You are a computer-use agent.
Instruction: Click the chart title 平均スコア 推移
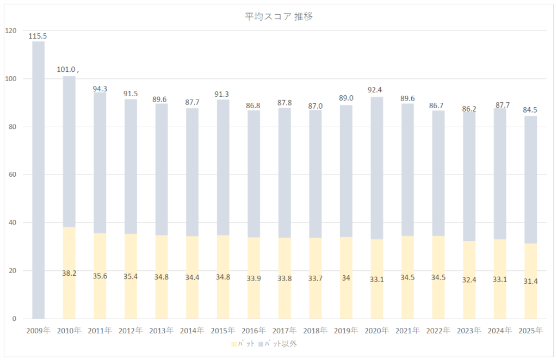click(278, 16)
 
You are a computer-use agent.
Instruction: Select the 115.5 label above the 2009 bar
click(38, 36)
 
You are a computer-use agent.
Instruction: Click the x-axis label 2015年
click(222, 331)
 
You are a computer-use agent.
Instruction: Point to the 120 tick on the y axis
click(10, 30)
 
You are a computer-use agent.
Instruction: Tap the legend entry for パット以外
click(280, 344)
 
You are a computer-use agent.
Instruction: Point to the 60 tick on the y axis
click(12, 175)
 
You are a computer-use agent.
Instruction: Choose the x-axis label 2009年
click(38, 331)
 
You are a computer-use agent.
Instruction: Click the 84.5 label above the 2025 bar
click(530, 109)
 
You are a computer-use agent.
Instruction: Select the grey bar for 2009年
click(38, 179)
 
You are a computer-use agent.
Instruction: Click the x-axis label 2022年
click(438, 331)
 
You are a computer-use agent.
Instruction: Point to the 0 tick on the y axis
click(14, 319)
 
